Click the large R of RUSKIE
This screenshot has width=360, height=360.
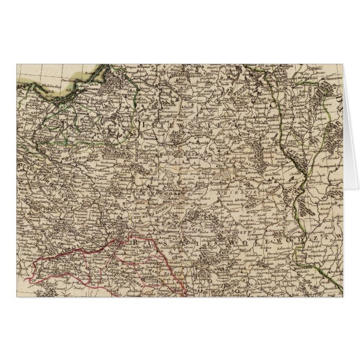136,239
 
